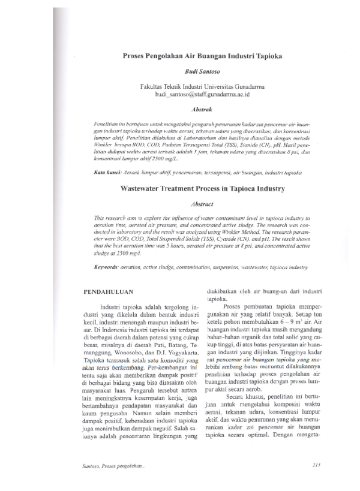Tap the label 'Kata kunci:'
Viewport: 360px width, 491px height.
click(x=107, y=172)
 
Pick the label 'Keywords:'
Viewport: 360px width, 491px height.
click(x=109, y=264)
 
